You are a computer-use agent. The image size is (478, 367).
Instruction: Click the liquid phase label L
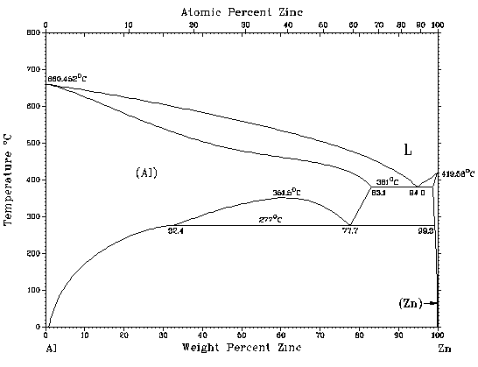pyautogui.click(x=407, y=151)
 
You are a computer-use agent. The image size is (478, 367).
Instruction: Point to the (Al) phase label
pyautogui.click(x=146, y=173)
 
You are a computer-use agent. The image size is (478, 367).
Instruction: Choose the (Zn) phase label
pyautogui.click(x=410, y=303)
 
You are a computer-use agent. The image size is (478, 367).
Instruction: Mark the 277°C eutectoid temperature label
pyautogui.click(x=269, y=219)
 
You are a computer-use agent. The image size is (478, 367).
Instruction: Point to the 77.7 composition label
pyautogui.click(x=351, y=230)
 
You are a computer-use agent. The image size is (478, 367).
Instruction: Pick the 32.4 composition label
pyautogui.click(x=175, y=230)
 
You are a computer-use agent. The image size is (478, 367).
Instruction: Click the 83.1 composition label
pyautogui.click(x=378, y=192)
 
